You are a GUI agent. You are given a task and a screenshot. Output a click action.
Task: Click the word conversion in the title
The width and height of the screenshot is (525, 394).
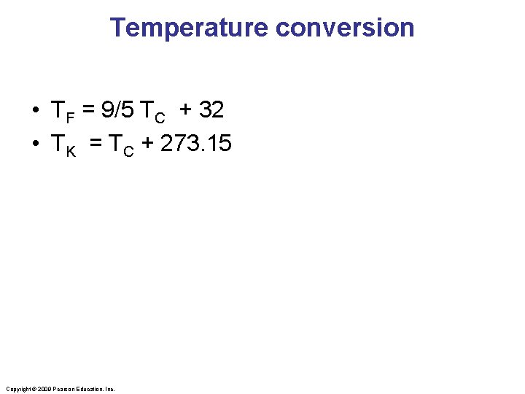coord(345,28)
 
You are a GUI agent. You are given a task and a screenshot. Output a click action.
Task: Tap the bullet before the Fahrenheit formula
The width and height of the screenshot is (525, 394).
coord(35,112)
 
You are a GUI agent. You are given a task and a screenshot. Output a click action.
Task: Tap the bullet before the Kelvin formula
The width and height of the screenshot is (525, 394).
coord(35,144)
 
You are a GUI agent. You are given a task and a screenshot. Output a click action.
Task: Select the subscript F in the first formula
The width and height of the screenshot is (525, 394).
coord(71,117)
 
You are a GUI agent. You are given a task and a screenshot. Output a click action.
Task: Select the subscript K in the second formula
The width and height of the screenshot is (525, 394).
coord(71,150)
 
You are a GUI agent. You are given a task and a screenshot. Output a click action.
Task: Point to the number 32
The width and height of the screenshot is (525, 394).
coord(210,111)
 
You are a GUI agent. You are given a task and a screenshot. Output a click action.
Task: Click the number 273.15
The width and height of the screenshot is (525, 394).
coord(195,144)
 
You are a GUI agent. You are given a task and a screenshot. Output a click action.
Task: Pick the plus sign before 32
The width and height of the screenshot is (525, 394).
coord(186,111)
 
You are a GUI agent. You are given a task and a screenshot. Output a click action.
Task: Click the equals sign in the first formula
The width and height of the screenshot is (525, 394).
coord(88,111)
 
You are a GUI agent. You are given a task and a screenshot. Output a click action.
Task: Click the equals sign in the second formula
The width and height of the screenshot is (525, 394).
coord(96,144)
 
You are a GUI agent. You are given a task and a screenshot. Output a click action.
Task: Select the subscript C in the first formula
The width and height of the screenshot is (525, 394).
coord(160,117)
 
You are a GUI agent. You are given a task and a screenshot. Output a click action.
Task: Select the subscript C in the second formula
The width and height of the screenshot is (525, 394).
coord(128,150)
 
